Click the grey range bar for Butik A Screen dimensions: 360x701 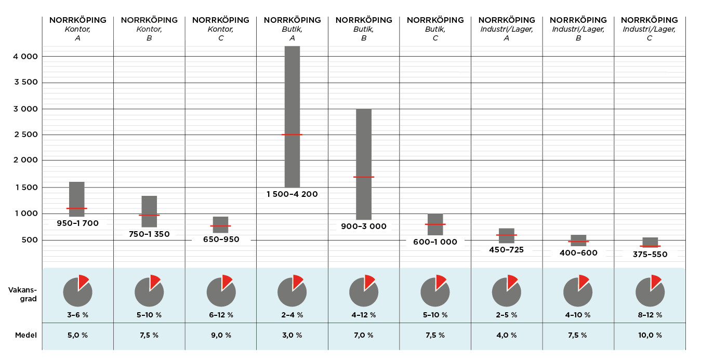(x=292, y=94)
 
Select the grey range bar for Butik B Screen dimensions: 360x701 (x=364, y=145)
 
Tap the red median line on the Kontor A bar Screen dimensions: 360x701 (x=77, y=208)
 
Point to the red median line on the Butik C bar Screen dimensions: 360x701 (x=435, y=224)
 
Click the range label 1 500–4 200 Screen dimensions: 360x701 (x=292, y=194)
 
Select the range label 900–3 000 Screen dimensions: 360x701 (x=364, y=226)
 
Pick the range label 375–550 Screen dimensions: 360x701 (x=650, y=255)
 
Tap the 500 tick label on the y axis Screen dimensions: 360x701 (x=30, y=240)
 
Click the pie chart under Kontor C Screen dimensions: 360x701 (x=221, y=291)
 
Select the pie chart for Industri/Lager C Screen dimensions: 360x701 (x=650, y=291)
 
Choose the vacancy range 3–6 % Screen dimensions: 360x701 (x=77, y=315)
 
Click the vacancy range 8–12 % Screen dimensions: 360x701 (x=650, y=315)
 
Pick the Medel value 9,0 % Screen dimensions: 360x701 (x=221, y=335)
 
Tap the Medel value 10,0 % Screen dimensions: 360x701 (x=650, y=335)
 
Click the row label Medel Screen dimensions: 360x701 (x=26, y=335)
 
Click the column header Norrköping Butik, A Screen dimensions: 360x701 (x=292, y=29)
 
